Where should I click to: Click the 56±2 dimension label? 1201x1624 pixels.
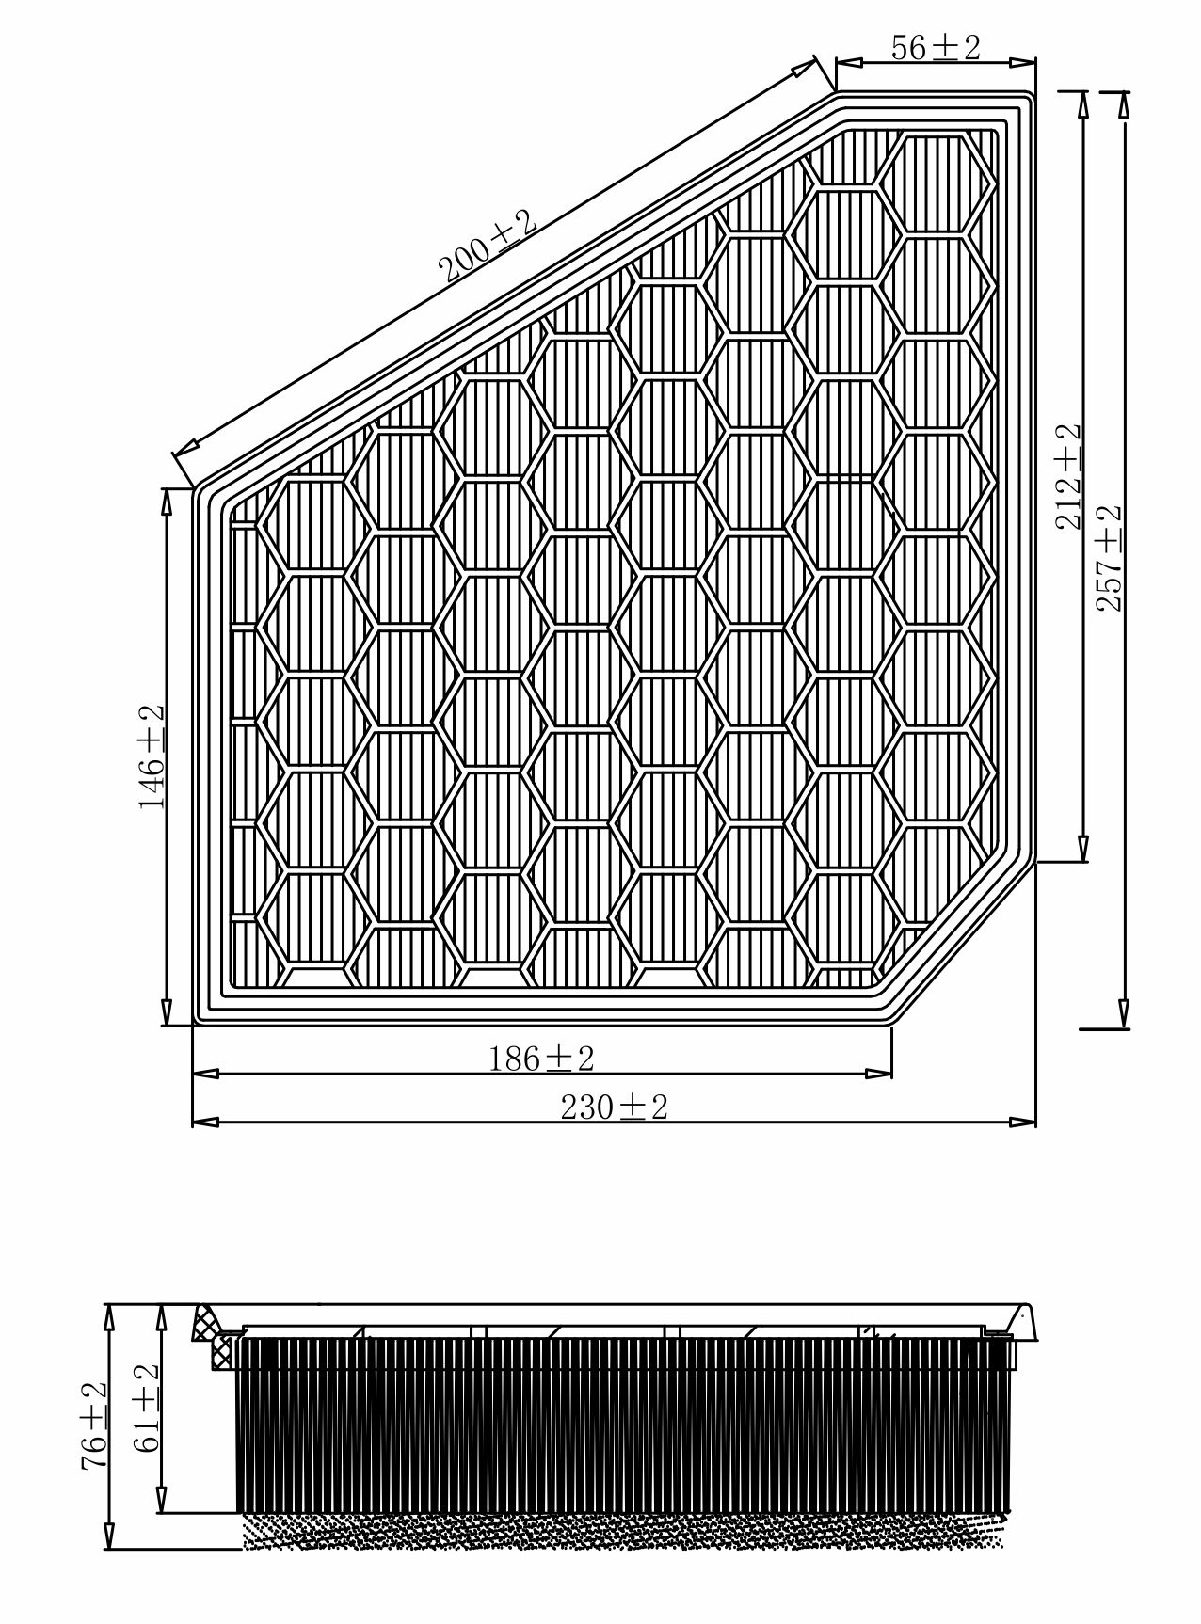935,46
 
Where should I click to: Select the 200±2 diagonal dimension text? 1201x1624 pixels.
488,247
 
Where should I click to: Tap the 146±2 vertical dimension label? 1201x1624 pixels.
152,756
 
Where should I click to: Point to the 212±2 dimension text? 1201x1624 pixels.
1068,476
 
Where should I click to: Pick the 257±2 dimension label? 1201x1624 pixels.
1110,558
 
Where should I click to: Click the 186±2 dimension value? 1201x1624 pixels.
541,1059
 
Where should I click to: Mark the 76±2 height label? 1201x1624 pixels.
93,1426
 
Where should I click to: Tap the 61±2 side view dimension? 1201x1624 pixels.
146,1408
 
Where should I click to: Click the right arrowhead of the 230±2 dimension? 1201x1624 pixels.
1022,1122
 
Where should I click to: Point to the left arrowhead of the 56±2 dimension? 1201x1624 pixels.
849,63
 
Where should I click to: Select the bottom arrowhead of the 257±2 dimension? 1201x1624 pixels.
1123,1015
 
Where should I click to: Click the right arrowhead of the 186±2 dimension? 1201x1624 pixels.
878,1073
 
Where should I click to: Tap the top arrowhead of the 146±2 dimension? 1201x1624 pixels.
168,502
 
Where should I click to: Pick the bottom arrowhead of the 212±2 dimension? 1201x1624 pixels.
1083,848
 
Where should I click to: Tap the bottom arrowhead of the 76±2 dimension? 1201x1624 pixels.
110,1535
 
